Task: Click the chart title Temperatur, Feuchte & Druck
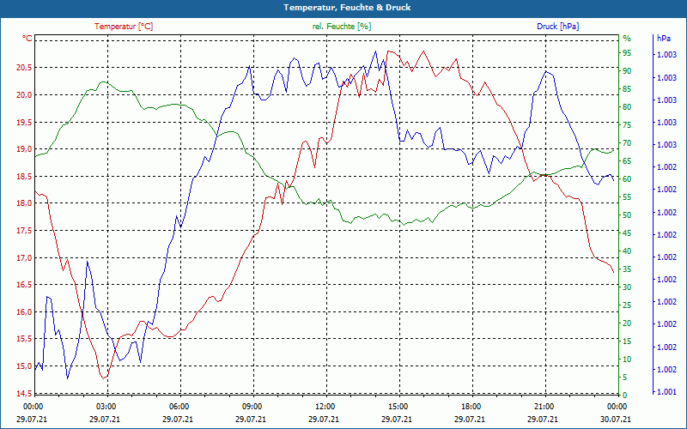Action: click(x=343, y=8)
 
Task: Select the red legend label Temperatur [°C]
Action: click(x=124, y=27)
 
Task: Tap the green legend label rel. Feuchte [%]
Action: click(x=342, y=27)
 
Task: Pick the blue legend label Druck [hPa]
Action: click(x=557, y=27)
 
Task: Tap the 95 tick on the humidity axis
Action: click(x=627, y=53)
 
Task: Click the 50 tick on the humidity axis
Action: click(x=627, y=215)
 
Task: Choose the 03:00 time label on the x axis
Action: click(x=106, y=406)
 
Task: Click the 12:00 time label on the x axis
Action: click(x=325, y=406)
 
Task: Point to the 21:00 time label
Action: click(x=544, y=406)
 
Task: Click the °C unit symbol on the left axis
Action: click(x=27, y=39)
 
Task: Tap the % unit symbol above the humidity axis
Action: click(x=627, y=39)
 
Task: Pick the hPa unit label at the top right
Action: click(x=664, y=39)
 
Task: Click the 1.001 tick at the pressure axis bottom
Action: click(x=666, y=392)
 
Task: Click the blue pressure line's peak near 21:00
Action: click(x=546, y=71)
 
